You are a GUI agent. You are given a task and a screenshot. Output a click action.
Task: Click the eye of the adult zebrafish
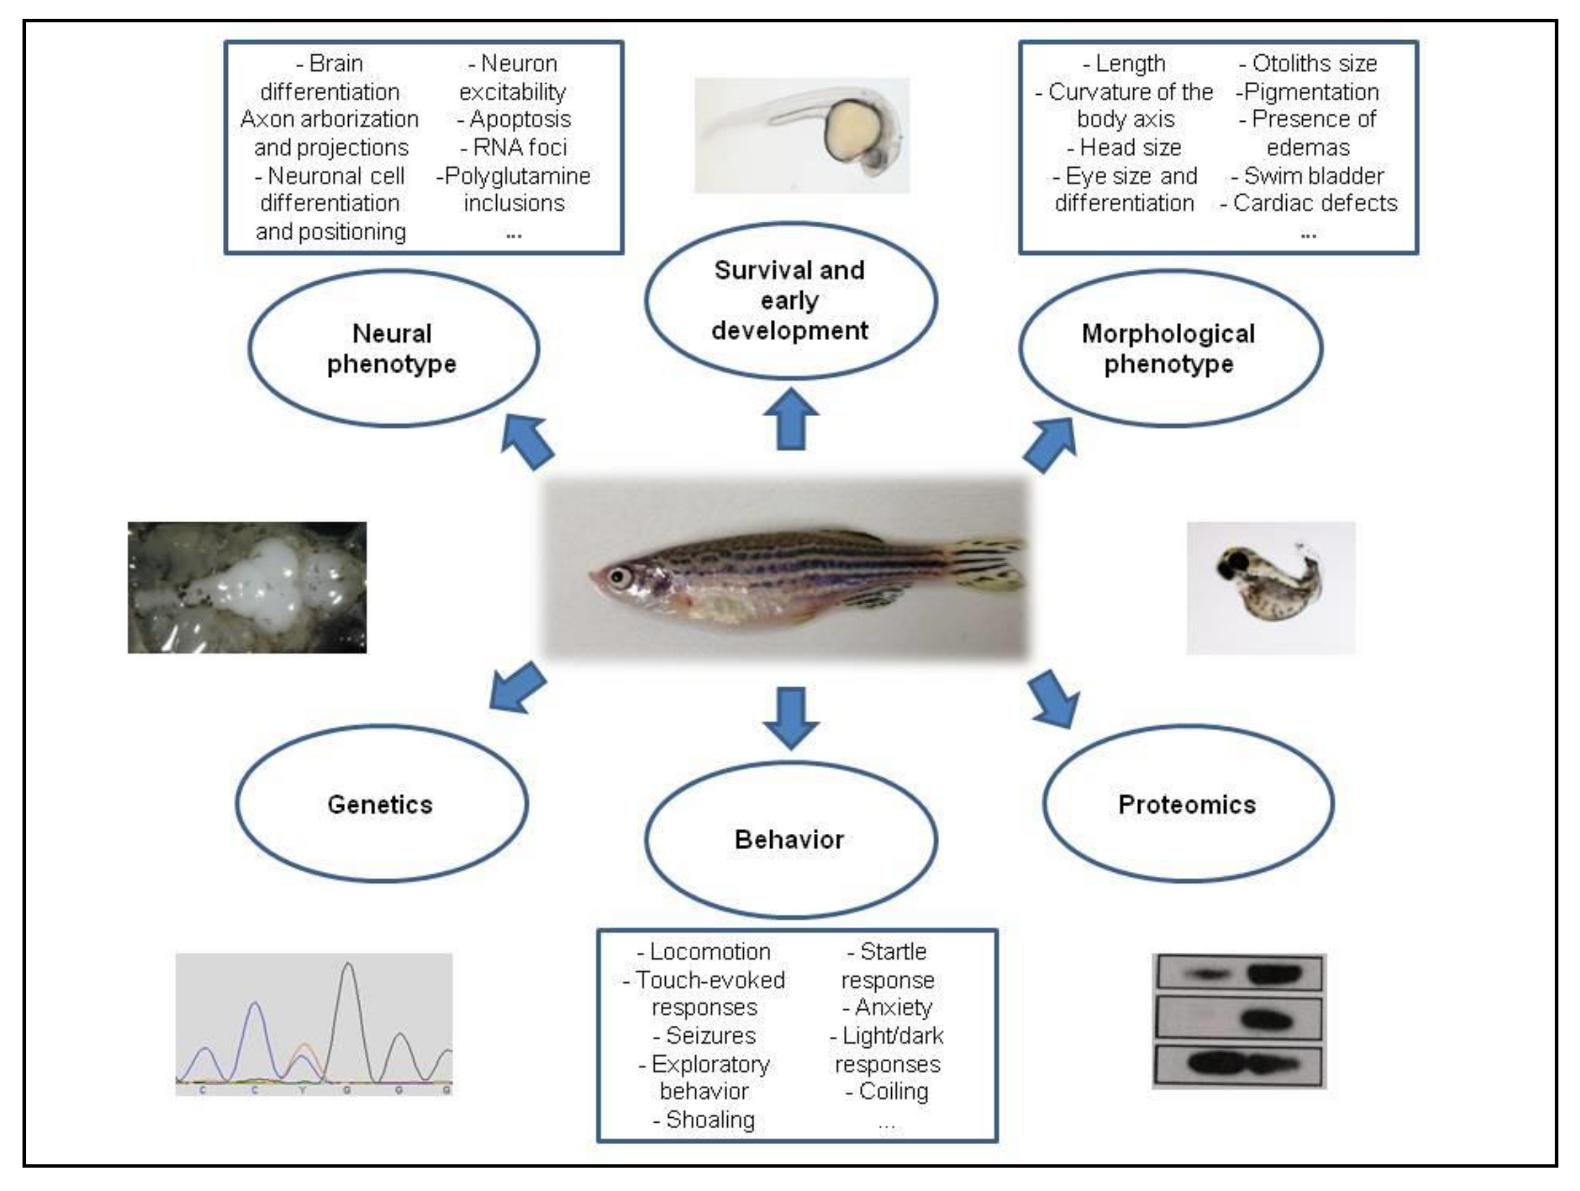(618, 575)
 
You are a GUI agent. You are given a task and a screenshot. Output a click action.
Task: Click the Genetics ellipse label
(380, 805)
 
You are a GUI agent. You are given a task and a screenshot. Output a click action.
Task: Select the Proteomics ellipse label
(1187, 805)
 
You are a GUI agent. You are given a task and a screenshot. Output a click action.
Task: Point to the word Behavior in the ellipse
(789, 839)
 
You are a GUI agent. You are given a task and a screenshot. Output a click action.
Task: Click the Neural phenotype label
(392, 348)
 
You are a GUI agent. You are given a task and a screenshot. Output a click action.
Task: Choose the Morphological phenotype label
(1168, 348)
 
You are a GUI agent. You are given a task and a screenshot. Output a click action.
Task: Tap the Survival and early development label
(789, 300)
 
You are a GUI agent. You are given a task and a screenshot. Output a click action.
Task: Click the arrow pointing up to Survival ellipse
(791, 419)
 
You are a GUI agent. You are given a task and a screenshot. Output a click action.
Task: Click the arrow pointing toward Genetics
(517, 687)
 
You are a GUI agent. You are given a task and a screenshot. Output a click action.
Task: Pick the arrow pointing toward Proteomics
(1055, 698)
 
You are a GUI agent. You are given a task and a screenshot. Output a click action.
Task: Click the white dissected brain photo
(247, 587)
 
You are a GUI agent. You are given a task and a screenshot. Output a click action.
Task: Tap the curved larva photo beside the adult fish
(1271, 587)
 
